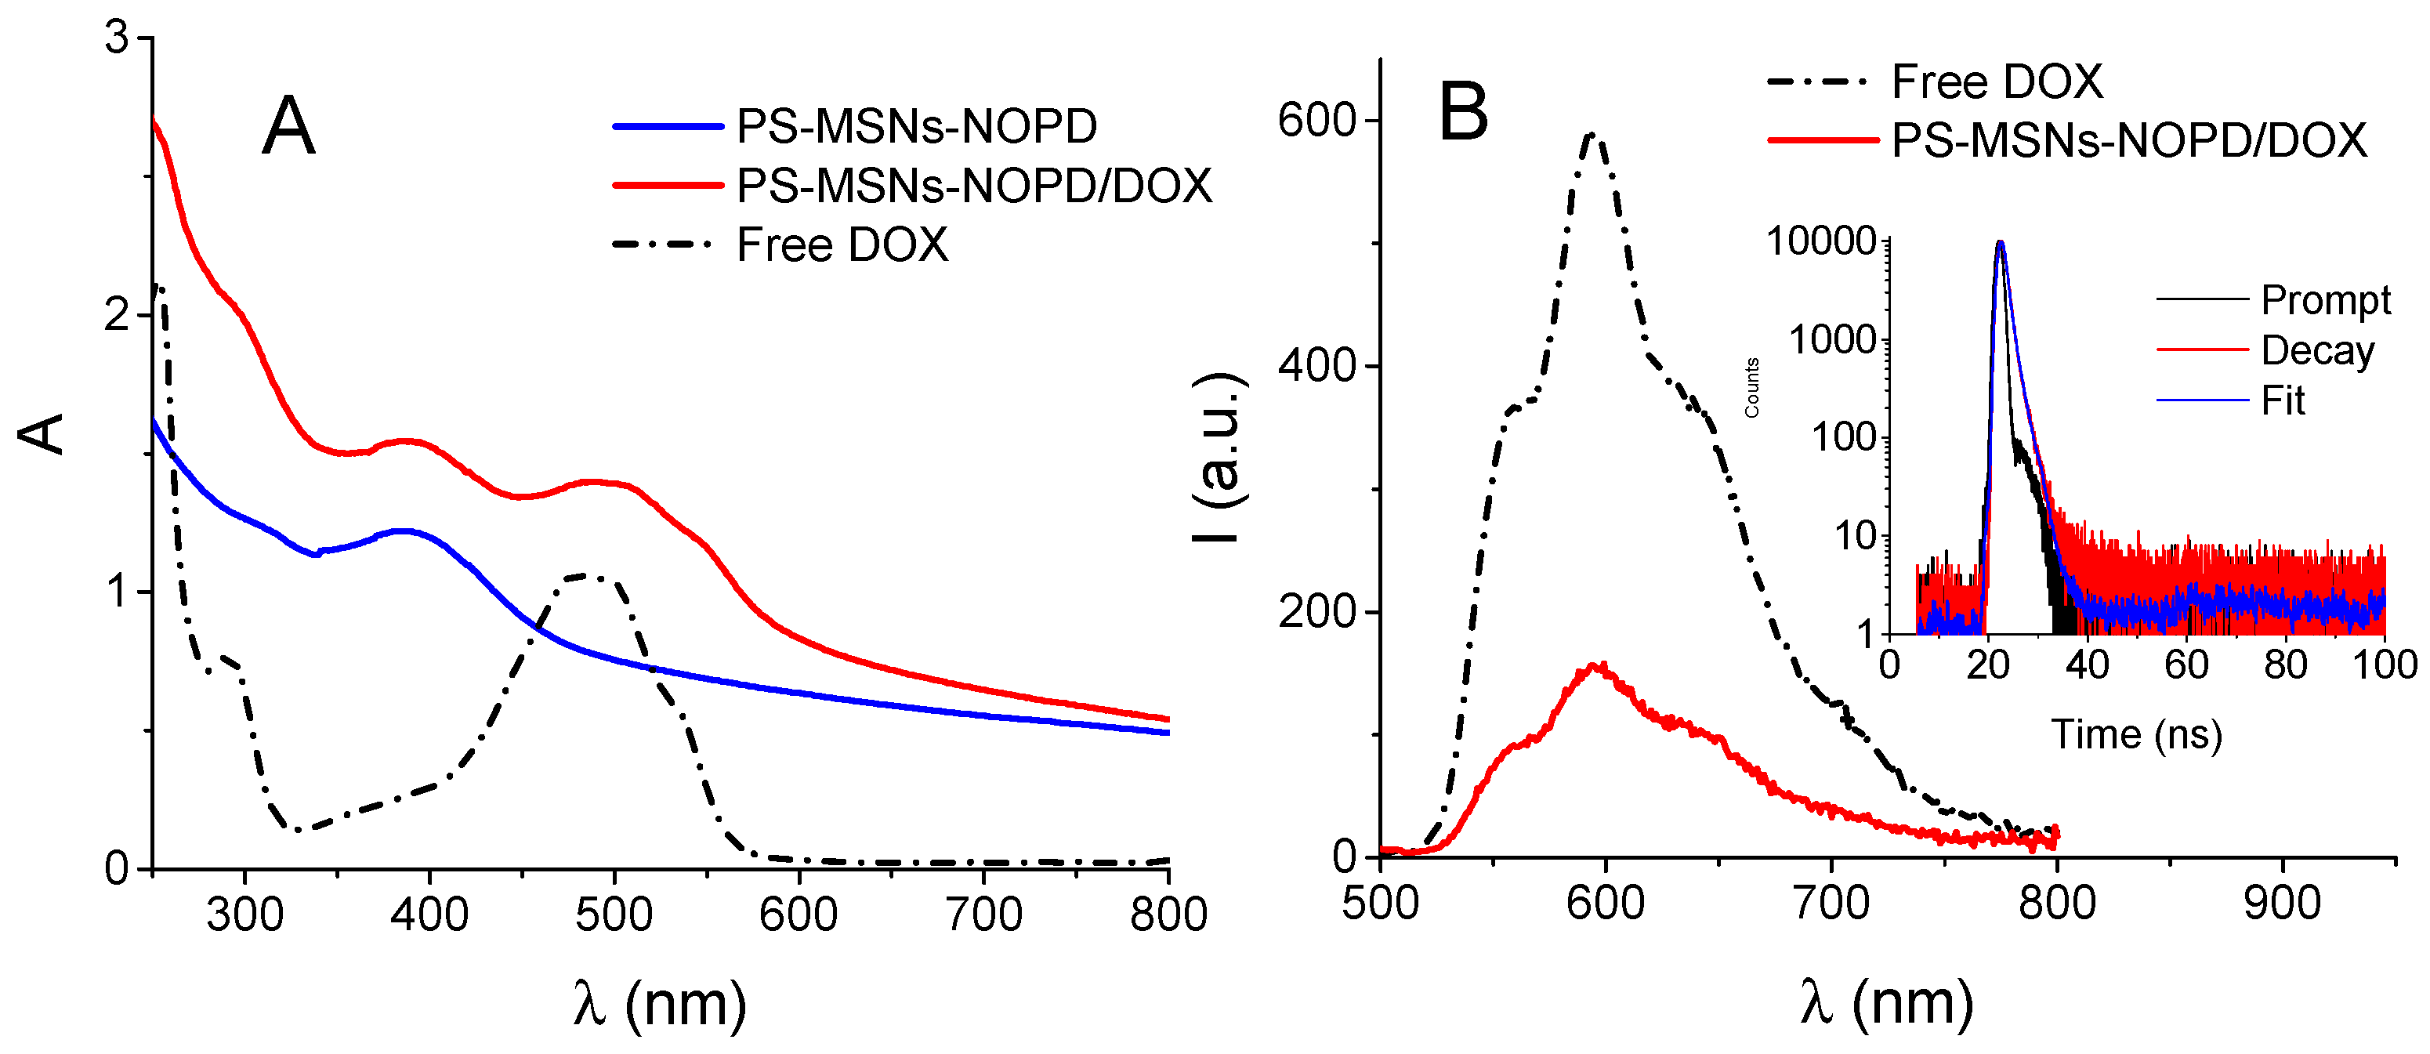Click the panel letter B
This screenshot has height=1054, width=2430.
point(1462,112)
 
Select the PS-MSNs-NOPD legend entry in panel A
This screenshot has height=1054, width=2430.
point(915,126)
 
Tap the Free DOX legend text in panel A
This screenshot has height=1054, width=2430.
point(842,245)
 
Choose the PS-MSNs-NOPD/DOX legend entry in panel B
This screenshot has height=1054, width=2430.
point(2129,140)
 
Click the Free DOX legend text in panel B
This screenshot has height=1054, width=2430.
point(1997,81)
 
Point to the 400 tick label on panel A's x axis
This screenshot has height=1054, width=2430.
point(429,915)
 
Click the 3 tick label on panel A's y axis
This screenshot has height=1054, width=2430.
point(116,40)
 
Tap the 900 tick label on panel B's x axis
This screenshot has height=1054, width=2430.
point(2282,903)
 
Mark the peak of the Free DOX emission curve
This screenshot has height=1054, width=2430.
point(1593,135)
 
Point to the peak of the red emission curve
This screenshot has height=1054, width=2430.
point(1599,666)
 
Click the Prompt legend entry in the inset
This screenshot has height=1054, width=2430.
point(2325,300)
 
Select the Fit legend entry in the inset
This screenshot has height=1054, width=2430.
point(2283,401)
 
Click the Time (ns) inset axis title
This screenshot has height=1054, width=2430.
point(2137,734)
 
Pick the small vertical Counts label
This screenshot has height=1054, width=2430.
point(1751,388)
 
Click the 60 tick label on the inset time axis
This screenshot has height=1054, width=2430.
point(2186,665)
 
